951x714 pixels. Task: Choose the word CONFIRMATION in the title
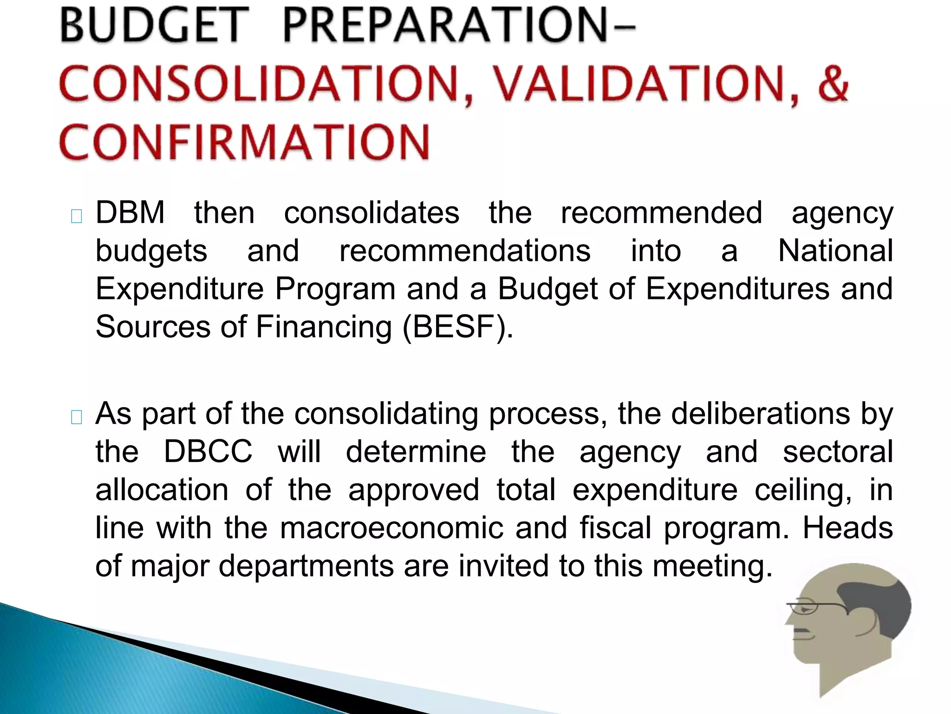pos(244,142)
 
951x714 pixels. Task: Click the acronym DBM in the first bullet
pos(130,213)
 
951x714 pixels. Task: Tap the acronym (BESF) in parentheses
pos(458,327)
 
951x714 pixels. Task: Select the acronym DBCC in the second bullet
pos(208,451)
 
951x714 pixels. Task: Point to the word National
pos(835,251)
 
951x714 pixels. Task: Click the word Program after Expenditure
pos(335,289)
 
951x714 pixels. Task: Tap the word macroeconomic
pos(392,528)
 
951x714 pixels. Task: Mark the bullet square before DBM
pos(77,217)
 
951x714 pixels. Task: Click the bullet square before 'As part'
pos(77,417)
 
